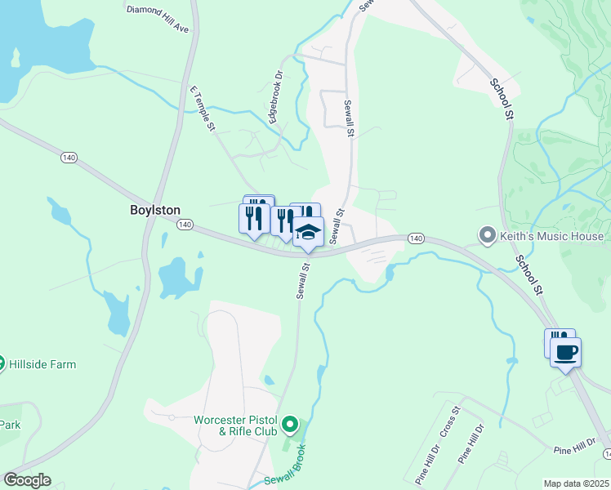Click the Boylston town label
tap(155, 210)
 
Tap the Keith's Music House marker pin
tap(488, 237)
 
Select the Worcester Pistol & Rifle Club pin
tap(290, 425)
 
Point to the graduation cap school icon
tap(308, 233)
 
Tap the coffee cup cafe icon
tap(566, 354)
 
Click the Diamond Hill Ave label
tap(158, 19)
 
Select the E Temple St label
tap(203, 109)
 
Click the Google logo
tap(27, 480)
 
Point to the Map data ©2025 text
tap(577, 483)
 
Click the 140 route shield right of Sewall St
tap(416, 238)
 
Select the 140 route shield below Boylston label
tap(185, 225)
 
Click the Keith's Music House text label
tap(552, 237)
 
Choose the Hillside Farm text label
tap(39, 363)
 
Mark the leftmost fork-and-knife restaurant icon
tap(253, 217)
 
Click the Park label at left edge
tap(10, 425)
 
